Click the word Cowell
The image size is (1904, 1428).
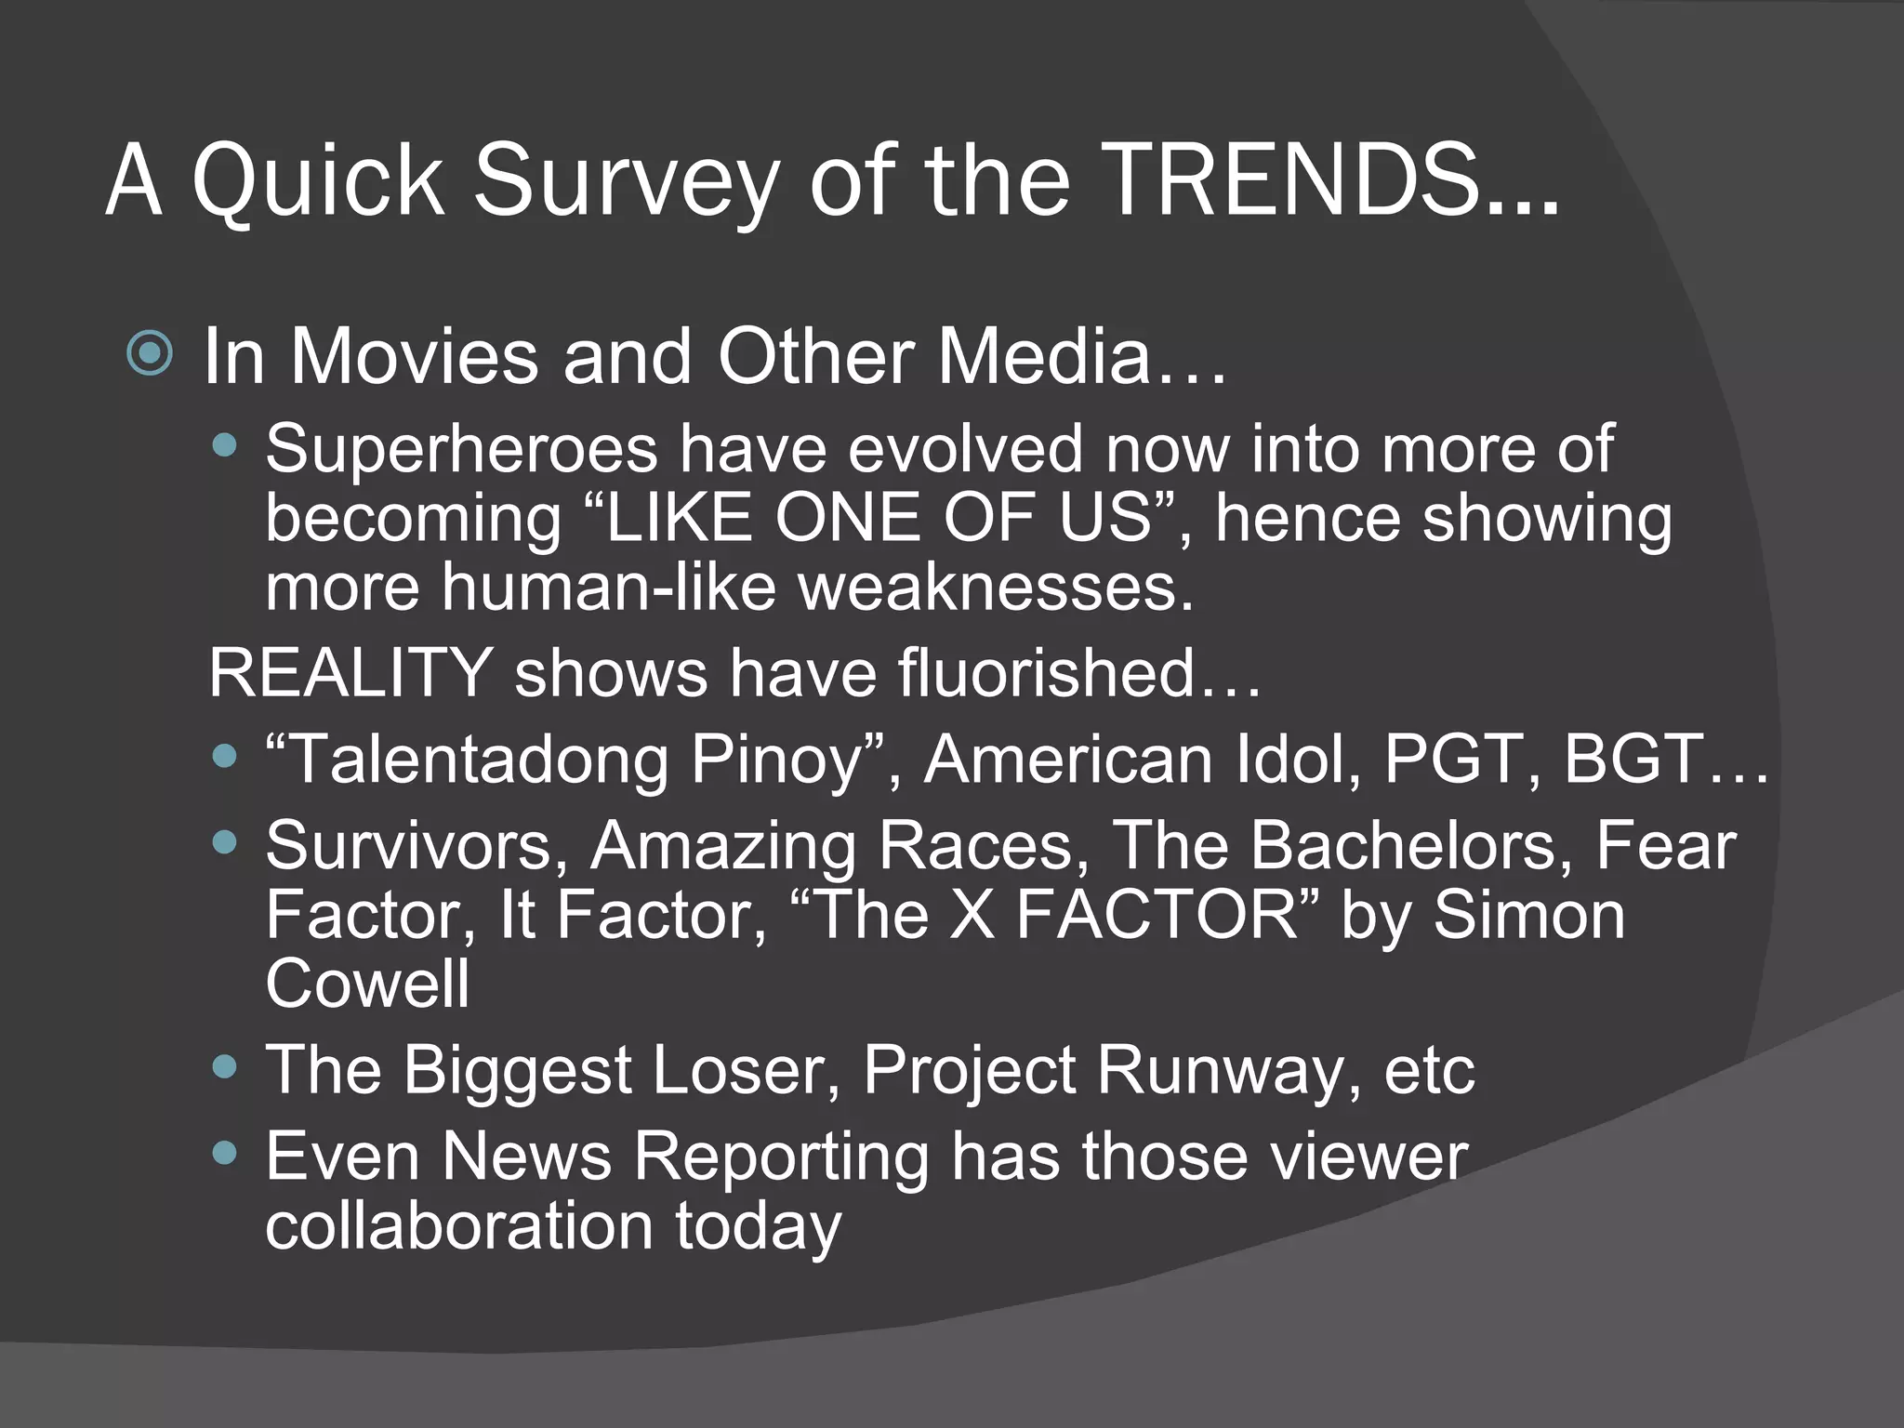368,984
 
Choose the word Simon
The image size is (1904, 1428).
1528,915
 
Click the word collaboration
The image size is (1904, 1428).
459,1226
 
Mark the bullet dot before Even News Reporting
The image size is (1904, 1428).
224,1153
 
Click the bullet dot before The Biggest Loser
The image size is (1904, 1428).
224,1065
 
